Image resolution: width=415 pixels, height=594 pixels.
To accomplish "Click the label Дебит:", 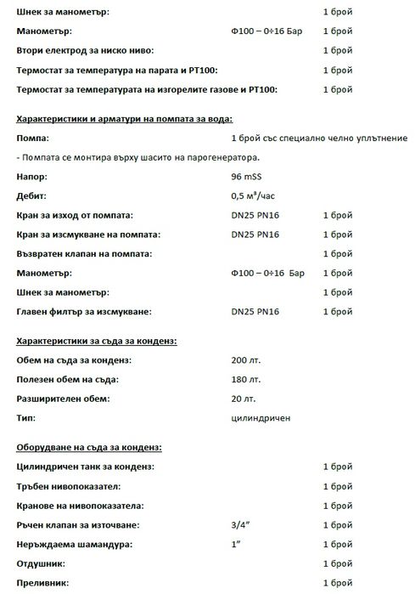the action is [x=33, y=196].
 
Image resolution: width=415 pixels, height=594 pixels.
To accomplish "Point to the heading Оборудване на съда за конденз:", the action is [x=89, y=447].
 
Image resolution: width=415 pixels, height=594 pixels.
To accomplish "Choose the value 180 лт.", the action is [x=245, y=380].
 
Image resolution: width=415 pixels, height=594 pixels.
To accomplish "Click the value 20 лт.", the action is [x=243, y=399].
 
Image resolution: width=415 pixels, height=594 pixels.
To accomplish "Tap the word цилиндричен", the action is [x=261, y=419].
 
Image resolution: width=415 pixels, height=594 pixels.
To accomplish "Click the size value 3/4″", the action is [x=238, y=525].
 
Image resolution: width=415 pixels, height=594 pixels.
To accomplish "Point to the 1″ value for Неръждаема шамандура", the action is [x=236, y=545].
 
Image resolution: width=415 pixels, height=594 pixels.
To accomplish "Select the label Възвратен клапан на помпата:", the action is [x=84, y=254].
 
